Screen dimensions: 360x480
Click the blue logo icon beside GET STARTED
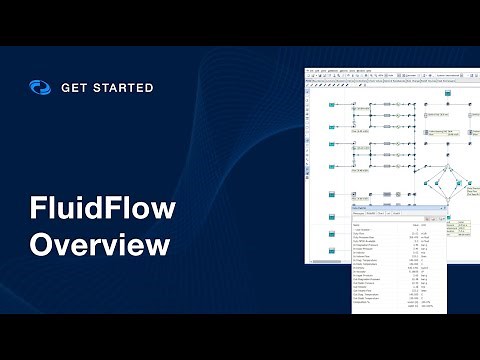39,88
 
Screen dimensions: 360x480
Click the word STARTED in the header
126,88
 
